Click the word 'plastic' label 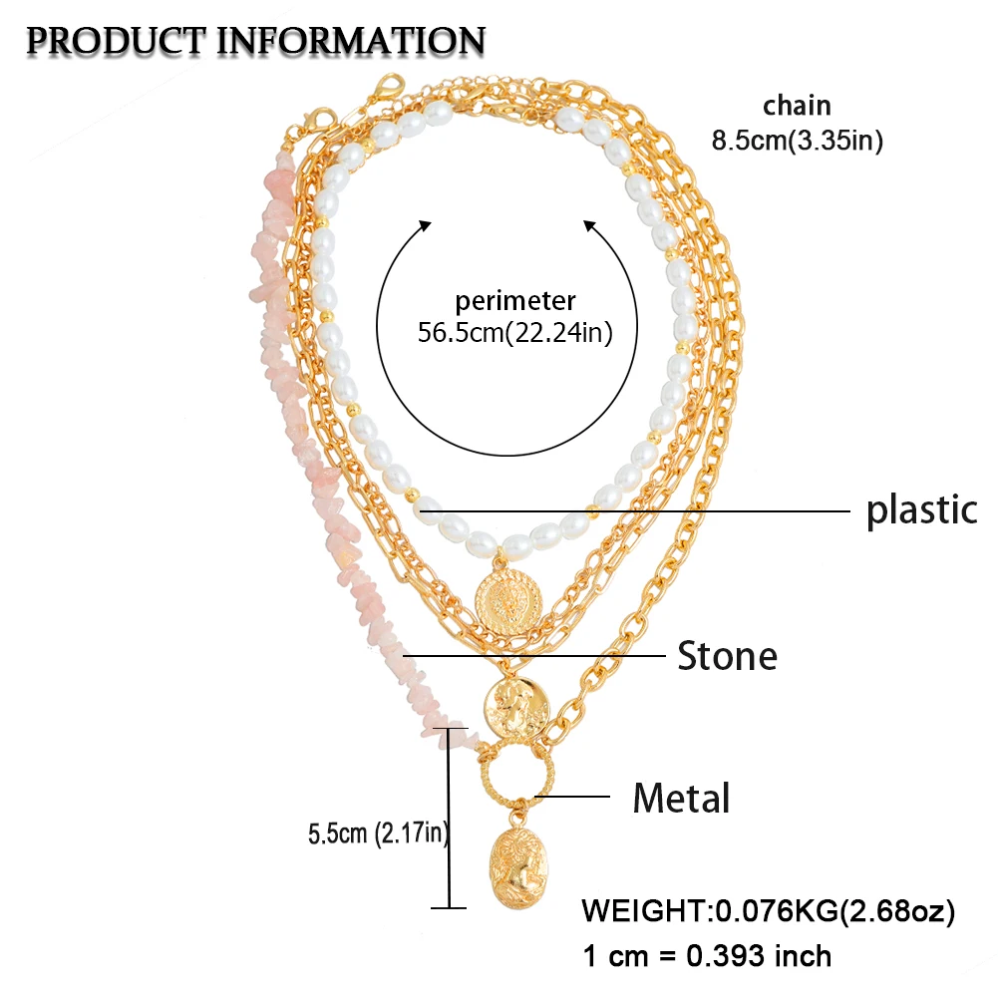click(921, 510)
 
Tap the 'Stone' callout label click(727, 656)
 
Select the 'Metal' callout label click(682, 798)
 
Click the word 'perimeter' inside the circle click(515, 300)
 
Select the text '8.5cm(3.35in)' click(797, 141)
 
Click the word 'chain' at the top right click(797, 106)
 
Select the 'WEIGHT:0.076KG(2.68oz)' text click(769, 910)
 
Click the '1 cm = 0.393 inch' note click(706, 956)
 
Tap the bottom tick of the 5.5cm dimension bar click(452, 906)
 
